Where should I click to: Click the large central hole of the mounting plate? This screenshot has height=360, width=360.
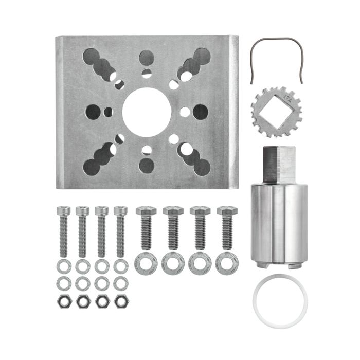[x=147, y=112]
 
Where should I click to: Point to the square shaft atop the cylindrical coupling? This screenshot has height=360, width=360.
[x=280, y=164]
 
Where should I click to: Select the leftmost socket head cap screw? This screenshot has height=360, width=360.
[x=63, y=231]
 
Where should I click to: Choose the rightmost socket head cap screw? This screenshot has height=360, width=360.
[x=120, y=231]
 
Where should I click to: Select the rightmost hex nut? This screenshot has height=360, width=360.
[x=121, y=302]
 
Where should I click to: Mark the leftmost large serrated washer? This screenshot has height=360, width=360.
[x=146, y=263]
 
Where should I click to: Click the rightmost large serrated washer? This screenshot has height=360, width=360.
[x=227, y=263]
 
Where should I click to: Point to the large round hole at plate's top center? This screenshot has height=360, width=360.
[x=147, y=58]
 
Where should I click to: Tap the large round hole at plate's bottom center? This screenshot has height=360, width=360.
[x=147, y=166]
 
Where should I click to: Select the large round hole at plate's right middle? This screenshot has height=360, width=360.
[x=201, y=112]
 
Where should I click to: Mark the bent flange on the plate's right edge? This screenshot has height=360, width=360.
[x=235, y=112]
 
